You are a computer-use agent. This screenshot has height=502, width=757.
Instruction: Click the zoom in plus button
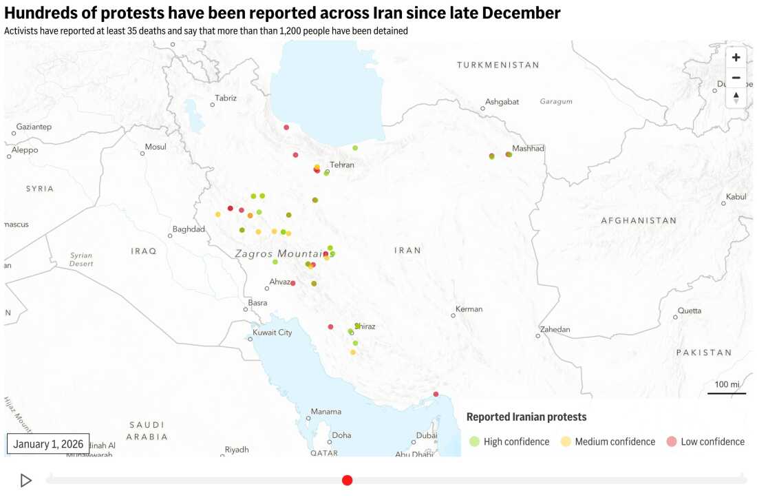[x=736, y=57]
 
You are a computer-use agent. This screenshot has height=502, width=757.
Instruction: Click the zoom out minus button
[x=736, y=78]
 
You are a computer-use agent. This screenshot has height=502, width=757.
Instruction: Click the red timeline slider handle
[x=348, y=480]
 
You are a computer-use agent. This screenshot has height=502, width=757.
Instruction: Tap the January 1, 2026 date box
[x=48, y=444]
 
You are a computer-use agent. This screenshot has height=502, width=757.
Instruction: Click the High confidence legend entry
[x=509, y=441]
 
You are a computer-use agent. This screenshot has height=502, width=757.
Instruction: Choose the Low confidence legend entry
[x=705, y=441]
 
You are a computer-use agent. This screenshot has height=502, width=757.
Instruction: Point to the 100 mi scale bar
[x=727, y=388]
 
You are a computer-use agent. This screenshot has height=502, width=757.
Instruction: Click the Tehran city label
[x=342, y=165]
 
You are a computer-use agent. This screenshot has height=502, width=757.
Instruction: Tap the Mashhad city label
[x=528, y=148]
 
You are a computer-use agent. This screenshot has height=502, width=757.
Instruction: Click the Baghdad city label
[x=189, y=229]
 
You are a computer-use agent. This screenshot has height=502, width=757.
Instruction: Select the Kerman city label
[x=469, y=309]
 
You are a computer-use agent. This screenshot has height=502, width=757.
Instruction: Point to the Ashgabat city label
[x=502, y=102]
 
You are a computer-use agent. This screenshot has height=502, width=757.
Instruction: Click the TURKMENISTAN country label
[x=498, y=65]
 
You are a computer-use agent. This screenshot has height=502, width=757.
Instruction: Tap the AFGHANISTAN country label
[x=639, y=220]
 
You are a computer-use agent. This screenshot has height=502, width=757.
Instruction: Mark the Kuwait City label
[x=273, y=333]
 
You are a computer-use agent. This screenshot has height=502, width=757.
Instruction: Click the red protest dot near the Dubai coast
[x=436, y=395]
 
